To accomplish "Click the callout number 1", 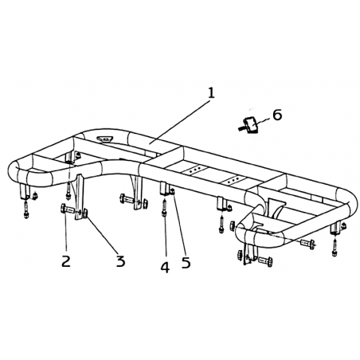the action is pos(211,93).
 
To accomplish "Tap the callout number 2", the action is pos(66,261).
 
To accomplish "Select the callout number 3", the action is pos(120,261).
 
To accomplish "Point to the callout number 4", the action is pos(165,268).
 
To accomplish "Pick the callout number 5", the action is pos(186,263).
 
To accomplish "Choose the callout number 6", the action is pos(277,115).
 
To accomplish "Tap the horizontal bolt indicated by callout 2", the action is pos(68,209).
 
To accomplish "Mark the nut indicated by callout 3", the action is pos(85,213).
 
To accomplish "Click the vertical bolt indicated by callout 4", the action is pos(164,209).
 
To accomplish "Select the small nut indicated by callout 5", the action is pos(172,191).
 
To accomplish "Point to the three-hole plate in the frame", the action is pos(194,169).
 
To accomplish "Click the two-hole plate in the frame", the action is pos(233,180).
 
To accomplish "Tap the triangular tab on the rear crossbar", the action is pos(105,139).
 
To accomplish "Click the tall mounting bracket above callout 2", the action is pos(79,197).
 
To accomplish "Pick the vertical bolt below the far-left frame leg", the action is pos(26,209).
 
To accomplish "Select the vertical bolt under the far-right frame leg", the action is pos(335,248).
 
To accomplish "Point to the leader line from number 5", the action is pos(179,225).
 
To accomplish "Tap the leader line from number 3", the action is pos(103,235).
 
